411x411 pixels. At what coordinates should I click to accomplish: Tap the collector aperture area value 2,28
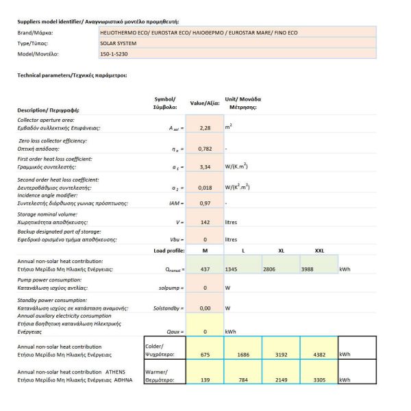204,127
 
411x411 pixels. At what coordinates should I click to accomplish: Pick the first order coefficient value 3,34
204,166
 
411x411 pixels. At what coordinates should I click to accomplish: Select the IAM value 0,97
204,203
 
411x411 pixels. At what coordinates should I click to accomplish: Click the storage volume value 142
204,222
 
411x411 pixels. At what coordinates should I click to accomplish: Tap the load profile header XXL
319,251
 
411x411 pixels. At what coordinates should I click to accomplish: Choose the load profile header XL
281,251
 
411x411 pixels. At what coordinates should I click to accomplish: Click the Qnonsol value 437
204,269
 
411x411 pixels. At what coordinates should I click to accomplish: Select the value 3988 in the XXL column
309,269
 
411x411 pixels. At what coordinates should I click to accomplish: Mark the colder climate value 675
204,354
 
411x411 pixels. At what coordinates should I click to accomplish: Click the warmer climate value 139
204,379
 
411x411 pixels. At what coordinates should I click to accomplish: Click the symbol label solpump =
166,288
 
